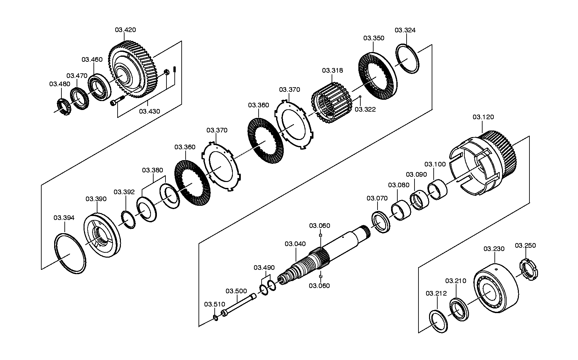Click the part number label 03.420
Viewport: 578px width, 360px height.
click(x=125, y=30)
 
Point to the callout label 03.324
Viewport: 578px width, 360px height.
click(x=405, y=30)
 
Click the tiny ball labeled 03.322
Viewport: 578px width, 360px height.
click(x=360, y=97)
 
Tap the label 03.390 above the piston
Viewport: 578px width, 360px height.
click(x=96, y=199)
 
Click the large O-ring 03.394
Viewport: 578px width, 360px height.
click(x=70, y=254)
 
